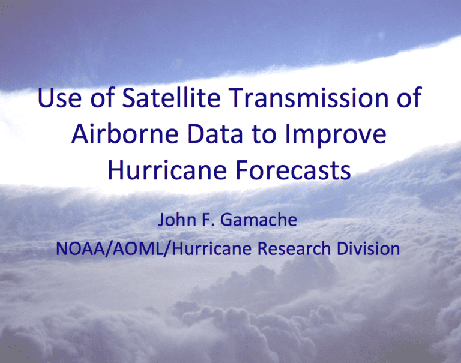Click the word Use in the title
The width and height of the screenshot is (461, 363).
(x=59, y=98)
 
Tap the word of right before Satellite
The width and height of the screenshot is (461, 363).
(x=103, y=97)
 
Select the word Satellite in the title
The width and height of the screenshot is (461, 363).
(x=171, y=97)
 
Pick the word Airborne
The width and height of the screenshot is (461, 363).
(x=125, y=133)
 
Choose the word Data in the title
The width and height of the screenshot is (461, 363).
(x=215, y=134)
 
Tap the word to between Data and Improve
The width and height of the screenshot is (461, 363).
(x=264, y=135)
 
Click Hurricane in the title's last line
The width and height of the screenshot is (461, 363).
(x=167, y=170)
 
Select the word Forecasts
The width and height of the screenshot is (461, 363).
(x=294, y=170)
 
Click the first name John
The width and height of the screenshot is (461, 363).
(x=177, y=220)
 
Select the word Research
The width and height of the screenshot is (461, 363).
(x=294, y=248)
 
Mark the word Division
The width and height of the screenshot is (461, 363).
(x=368, y=248)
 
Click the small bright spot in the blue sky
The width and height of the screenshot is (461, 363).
(x=381, y=35)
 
